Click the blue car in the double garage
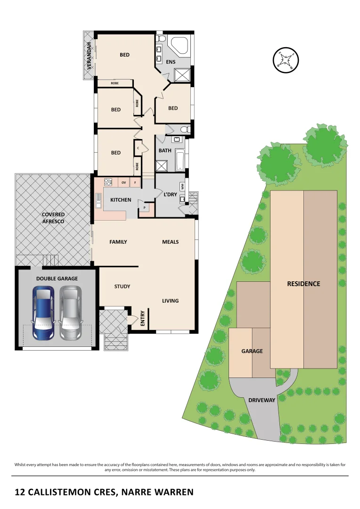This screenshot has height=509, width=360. (43, 313)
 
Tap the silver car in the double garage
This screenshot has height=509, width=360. (70, 313)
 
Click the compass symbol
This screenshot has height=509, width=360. (286, 60)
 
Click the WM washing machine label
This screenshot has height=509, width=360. (182, 187)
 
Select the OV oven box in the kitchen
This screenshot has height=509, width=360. (123, 182)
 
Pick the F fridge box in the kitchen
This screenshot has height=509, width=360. (135, 182)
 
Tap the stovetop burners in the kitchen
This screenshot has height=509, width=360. (107, 182)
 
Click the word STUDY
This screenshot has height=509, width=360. (122, 287)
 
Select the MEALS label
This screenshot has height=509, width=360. (170, 242)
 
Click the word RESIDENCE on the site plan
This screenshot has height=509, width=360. (303, 284)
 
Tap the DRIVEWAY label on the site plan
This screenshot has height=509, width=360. (262, 400)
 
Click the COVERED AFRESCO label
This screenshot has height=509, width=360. (53, 218)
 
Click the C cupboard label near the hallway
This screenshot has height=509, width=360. (138, 148)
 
